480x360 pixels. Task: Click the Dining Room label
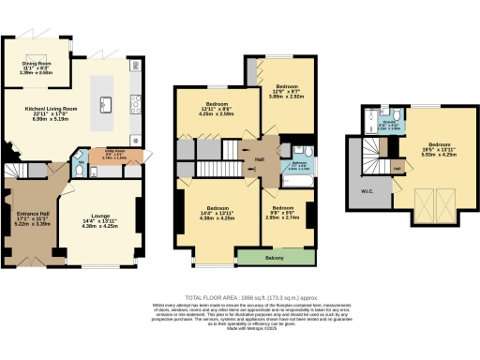[37, 66]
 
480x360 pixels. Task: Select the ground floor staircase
[19, 173]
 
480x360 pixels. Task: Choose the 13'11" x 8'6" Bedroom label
[208, 106]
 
